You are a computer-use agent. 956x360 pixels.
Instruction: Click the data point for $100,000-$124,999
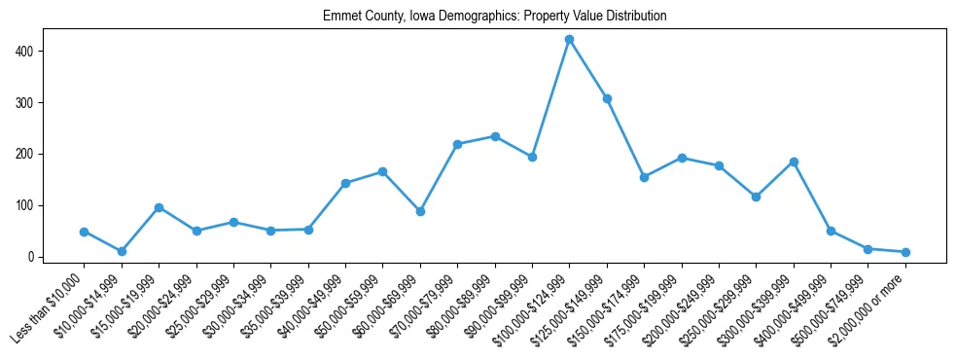click(569, 39)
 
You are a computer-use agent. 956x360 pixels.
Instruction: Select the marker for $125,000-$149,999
click(607, 98)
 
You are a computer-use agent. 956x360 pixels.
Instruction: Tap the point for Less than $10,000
click(85, 232)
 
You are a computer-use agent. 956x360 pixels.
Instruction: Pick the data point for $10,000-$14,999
click(122, 251)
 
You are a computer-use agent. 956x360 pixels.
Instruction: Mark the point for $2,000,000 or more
click(905, 252)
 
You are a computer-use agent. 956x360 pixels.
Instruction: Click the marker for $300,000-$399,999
click(794, 162)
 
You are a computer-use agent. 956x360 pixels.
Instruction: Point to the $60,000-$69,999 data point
click(420, 211)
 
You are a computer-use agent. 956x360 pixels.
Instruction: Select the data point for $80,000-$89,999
click(495, 136)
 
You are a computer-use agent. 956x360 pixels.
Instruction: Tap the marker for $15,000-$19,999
click(159, 207)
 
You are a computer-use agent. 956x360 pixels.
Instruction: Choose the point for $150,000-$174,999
click(644, 177)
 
